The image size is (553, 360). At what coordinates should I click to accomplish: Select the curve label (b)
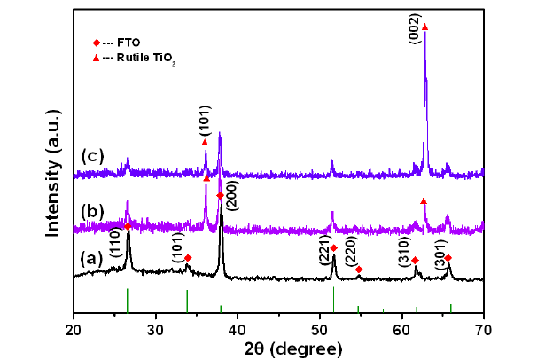pyautogui.click(x=92, y=214)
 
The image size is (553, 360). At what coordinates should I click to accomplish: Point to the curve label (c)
pyautogui.click(x=93, y=156)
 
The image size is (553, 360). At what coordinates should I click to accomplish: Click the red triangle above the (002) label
pyautogui.click(x=424, y=27)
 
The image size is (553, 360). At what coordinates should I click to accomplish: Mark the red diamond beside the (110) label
pyautogui.click(x=128, y=226)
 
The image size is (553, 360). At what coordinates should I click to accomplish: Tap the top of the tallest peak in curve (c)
pyautogui.click(x=424, y=35)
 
